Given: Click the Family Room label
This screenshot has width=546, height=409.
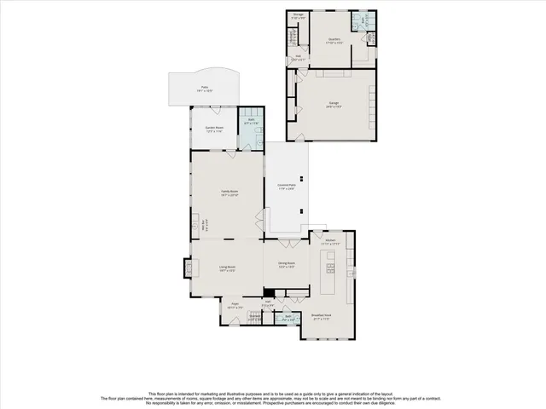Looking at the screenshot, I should (229, 193).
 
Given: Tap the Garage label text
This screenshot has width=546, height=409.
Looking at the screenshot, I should (334, 104).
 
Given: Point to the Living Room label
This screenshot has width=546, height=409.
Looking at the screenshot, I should (226, 268).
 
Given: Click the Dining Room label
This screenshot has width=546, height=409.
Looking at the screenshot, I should (285, 265).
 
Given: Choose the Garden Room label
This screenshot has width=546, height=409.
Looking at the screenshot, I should (213, 130).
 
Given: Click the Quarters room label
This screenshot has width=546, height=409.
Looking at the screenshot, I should (334, 39).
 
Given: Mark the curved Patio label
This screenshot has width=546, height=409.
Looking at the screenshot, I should (205, 88).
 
